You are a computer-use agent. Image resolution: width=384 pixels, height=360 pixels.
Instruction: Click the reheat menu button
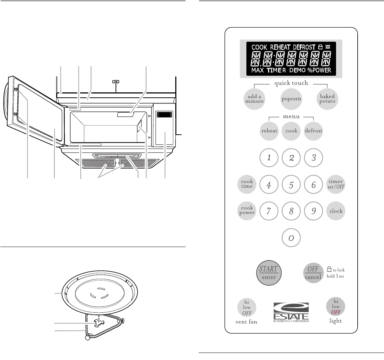(x=269, y=130)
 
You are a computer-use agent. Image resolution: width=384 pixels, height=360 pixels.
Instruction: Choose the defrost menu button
(x=313, y=130)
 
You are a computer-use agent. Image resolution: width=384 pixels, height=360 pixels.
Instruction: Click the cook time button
(x=246, y=184)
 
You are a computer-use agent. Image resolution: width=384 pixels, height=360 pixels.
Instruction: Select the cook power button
(x=246, y=210)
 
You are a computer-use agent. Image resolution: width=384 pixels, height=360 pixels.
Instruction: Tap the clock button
(x=336, y=211)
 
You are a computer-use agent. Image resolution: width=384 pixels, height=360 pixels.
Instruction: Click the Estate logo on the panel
(x=291, y=312)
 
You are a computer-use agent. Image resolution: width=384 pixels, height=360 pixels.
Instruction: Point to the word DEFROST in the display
(x=304, y=47)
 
